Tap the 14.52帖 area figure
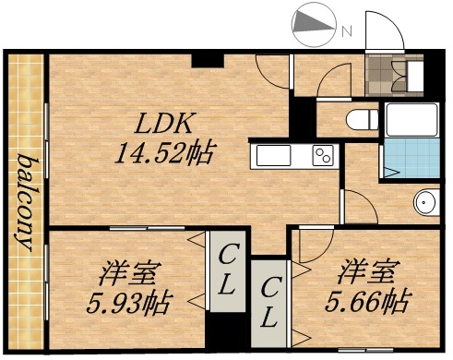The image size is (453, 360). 163,151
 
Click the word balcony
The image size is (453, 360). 26,203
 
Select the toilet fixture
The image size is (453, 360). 363,119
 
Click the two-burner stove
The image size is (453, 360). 324,156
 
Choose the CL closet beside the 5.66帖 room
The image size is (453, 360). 268,303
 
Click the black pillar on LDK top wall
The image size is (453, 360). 207,60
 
